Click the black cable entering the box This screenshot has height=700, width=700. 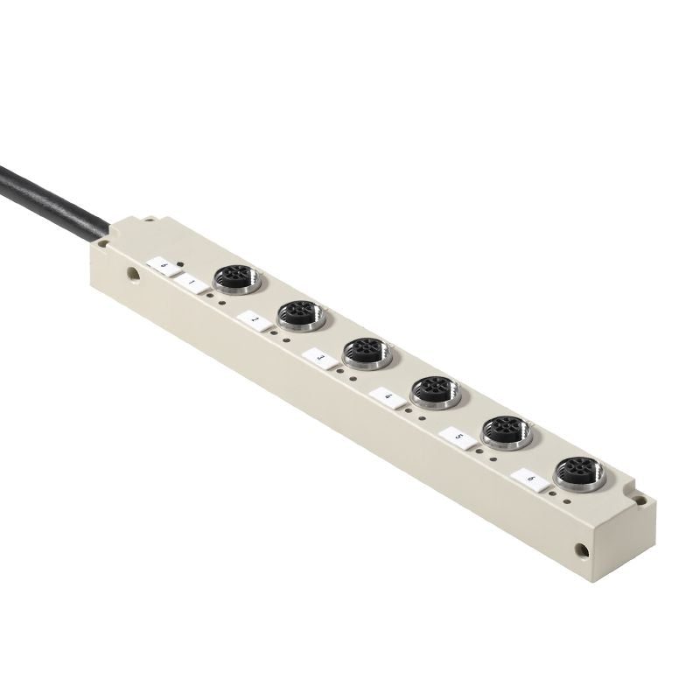[x=52, y=193]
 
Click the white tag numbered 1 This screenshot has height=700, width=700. [x=192, y=283]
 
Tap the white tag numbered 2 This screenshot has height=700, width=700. [x=253, y=320]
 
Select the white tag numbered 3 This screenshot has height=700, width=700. [x=319, y=358]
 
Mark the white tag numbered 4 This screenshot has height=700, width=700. [x=386, y=397]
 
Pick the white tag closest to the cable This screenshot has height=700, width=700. [x=162, y=262]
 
